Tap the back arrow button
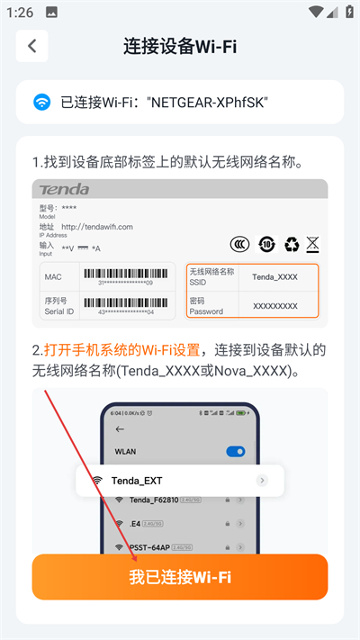pos(32,46)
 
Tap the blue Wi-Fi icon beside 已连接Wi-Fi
pos(42,102)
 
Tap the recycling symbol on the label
pos(291,244)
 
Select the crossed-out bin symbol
pos(312,244)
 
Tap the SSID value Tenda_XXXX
pos(274,277)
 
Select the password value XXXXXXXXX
pos(274,306)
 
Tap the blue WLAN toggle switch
pos(236,451)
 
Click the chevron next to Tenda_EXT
pos(262,481)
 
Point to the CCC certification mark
pos(240,244)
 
